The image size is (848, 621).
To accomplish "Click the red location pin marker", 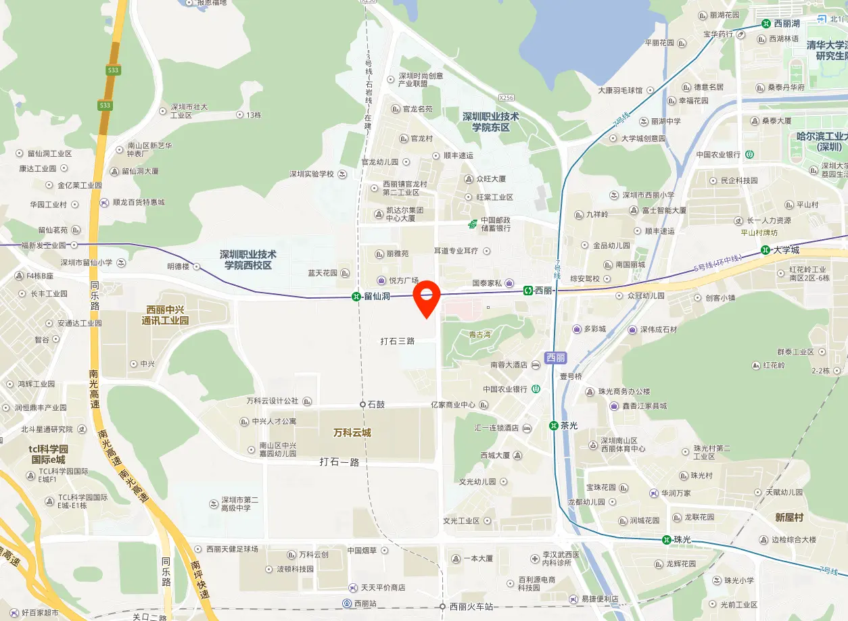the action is tap(427, 298).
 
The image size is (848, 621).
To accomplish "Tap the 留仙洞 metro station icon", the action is tap(356, 296).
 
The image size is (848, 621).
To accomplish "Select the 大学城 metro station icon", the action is tap(765, 250).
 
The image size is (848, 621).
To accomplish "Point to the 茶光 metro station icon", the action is tap(553, 426).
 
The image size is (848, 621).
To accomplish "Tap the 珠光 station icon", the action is tap(666, 539).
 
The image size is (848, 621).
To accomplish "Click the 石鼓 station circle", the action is tap(362, 404).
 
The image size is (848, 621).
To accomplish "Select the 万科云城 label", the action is tap(352, 432).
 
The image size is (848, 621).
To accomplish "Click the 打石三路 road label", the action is tap(397, 341).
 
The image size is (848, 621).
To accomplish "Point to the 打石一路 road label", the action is tap(339, 462).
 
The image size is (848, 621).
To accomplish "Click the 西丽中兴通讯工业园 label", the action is tap(165, 316).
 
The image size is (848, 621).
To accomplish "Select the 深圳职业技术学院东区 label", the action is tap(490, 122).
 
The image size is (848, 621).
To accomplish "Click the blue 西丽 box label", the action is tap(555, 357).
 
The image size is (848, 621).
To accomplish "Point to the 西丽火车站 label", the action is tap(471, 606).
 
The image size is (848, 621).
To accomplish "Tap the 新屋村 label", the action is tap(789, 517).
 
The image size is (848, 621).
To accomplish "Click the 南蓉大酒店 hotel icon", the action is tap(535, 365).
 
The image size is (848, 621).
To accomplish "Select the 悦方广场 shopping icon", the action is tap(382, 280).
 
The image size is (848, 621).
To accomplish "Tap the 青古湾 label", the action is tap(479, 334).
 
